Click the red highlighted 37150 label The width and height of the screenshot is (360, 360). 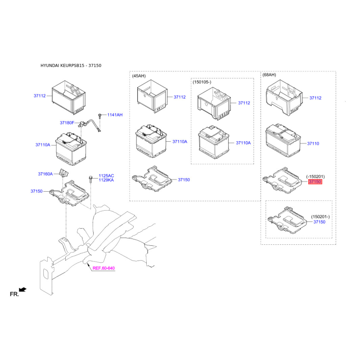pos(315,182)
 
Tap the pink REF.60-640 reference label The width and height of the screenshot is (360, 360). pos(103,268)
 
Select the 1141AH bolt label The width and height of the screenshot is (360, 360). pos(115,115)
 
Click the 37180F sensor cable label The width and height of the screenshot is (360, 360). pos(67,123)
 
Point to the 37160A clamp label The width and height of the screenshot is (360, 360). pos(45,174)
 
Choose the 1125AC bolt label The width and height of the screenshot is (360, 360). pos(106,176)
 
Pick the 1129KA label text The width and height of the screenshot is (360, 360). pos(106,180)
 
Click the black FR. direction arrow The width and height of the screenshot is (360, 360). pos(22,289)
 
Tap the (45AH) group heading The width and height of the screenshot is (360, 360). pos(139,76)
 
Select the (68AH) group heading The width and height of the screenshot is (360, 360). pos(269,75)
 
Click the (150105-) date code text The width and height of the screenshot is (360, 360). pos(202,82)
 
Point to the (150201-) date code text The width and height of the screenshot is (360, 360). pos(320,217)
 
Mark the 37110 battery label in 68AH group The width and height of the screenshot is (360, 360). pos(313,144)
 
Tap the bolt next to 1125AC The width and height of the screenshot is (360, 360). pos(90,179)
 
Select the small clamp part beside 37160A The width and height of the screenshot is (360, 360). pos(64,173)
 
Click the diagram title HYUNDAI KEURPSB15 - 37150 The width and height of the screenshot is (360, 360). pos(71,65)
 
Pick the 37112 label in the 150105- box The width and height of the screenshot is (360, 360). pos(244,103)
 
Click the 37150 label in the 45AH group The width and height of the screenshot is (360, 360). pos(184,180)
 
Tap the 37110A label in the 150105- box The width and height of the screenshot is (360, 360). pos(243,143)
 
